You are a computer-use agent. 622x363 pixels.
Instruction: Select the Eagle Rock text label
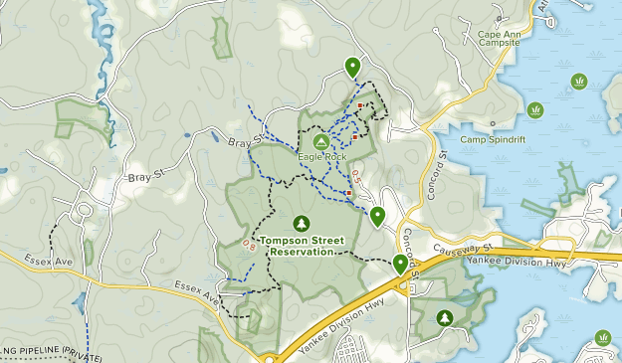tap(319, 156)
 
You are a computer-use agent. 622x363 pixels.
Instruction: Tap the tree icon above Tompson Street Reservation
tap(301, 224)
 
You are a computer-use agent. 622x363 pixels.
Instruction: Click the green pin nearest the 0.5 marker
tap(378, 216)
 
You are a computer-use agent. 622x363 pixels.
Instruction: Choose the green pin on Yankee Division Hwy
tap(400, 264)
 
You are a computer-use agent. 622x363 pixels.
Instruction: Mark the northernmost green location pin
tap(352, 67)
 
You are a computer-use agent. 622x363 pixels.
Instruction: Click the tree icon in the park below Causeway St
tap(445, 317)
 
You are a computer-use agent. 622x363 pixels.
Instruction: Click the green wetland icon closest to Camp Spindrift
tap(535, 109)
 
